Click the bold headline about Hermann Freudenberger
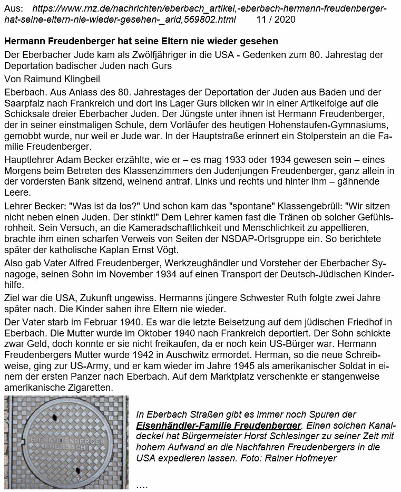point(141,41)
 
